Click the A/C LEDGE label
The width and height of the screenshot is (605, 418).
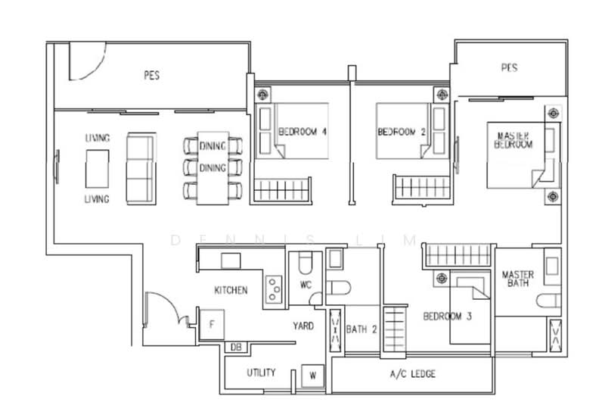(x=412, y=373)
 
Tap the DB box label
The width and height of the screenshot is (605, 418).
(x=236, y=348)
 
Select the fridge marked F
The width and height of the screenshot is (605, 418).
(x=212, y=325)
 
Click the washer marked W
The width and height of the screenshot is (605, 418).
(x=312, y=375)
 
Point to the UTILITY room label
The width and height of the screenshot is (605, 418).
(x=261, y=373)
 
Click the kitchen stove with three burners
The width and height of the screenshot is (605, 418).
(x=274, y=289)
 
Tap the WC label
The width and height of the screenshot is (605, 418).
(x=306, y=285)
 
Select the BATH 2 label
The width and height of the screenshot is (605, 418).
(x=361, y=329)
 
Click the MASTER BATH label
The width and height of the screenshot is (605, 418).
(x=518, y=279)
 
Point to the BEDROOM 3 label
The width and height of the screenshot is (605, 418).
(x=447, y=317)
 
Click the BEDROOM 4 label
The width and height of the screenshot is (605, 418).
(x=302, y=132)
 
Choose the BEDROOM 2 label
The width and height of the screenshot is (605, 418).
(x=402, y=132)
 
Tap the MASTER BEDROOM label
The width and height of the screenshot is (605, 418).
(x=513, y=140)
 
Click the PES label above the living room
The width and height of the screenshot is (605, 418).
(x=152, y=75)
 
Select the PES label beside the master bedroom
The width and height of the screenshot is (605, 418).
(x=509, y=67)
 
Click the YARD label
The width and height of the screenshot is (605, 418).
(x=303, y=326)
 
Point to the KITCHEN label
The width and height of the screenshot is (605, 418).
(x=231, y=290)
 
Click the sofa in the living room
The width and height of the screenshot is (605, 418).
(x=141, y=168)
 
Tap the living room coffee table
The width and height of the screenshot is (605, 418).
(x=97, y=169)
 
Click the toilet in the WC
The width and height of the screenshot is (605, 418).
(x=307, y=263)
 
